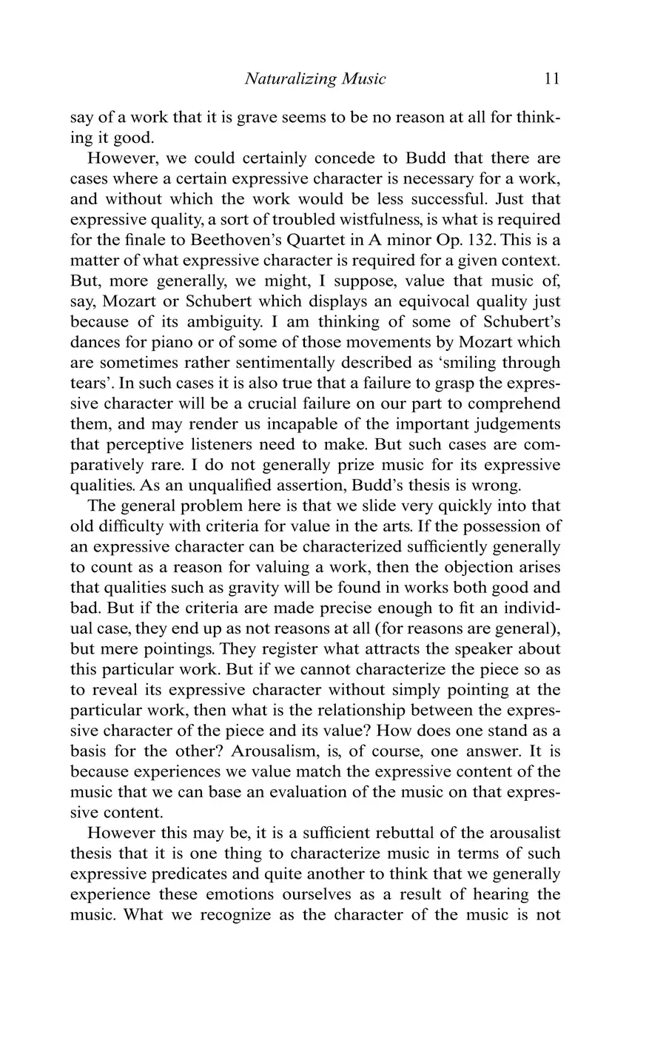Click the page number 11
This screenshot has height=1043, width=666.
(551, 78)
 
